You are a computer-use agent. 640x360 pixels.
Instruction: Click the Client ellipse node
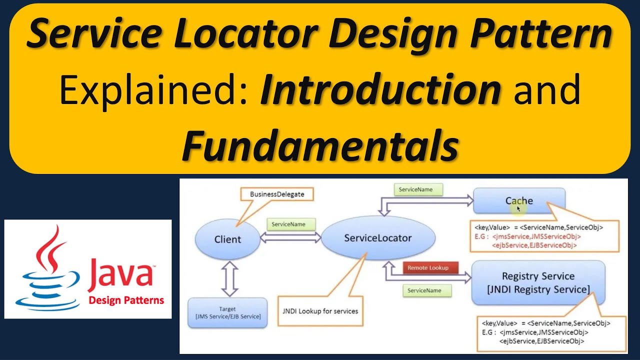point(227,239)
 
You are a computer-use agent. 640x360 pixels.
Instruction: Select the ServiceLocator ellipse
point(377,238)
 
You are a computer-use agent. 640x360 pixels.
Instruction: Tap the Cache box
point(519,200)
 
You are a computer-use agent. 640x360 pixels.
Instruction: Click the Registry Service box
point(538,282)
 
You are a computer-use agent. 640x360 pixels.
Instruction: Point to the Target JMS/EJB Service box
point(227,313)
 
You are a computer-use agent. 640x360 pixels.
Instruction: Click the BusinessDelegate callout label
point(276,194)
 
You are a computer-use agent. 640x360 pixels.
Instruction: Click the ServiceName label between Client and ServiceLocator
point(288,224)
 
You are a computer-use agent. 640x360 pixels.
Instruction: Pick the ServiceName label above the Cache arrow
point(413,189)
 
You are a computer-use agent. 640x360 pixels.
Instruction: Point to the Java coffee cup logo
point(48,270)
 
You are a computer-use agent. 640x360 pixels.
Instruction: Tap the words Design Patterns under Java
point(126,300)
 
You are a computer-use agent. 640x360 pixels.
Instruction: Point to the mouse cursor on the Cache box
point(518,208)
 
